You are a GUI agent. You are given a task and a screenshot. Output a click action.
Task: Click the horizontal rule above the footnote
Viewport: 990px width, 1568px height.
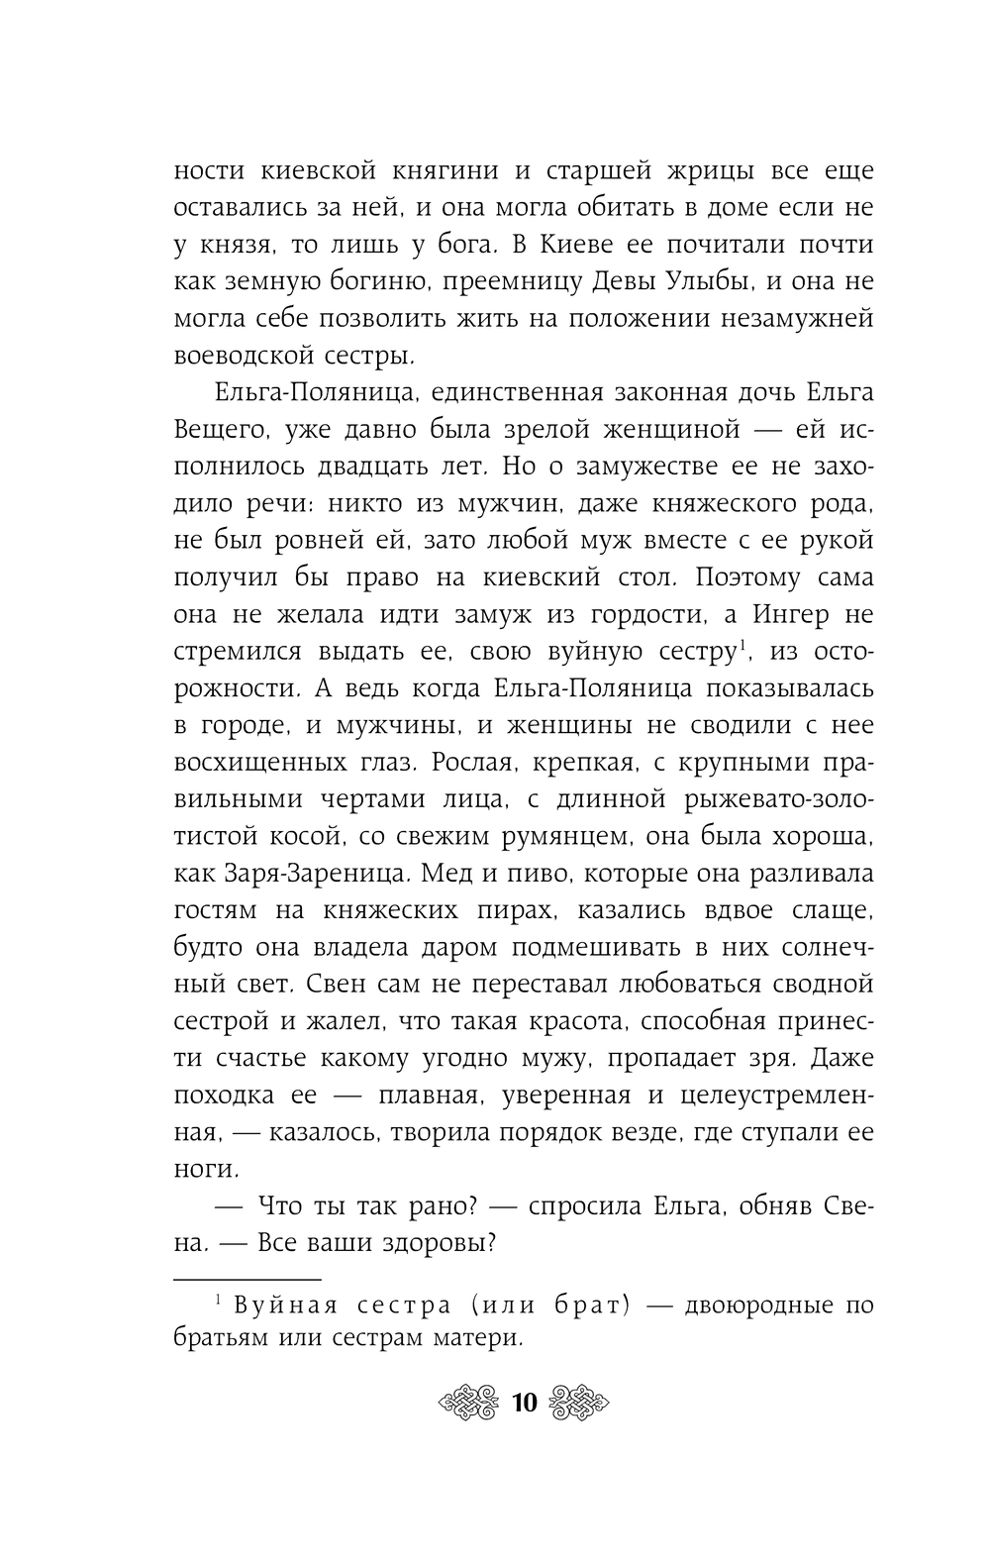point(248,1280)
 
